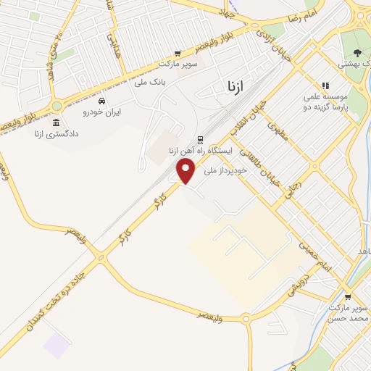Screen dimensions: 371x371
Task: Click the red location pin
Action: (x=186, y=170)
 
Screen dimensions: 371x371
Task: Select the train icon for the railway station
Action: (x=200, y=140)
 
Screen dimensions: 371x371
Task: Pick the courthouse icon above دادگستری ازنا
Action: (x=57, y=122)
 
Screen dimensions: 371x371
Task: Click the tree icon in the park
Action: (x=357, y=52)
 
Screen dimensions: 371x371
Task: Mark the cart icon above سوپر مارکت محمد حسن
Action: (x=348, y=296)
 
